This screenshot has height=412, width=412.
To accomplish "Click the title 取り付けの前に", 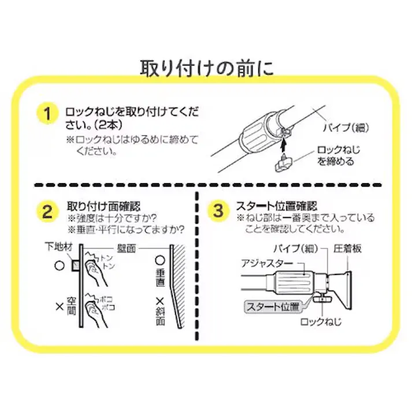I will [x=206, y=68].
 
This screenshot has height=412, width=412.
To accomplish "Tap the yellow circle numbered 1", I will [x=48, y=113].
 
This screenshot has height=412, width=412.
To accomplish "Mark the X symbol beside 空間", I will [x=58, y=307].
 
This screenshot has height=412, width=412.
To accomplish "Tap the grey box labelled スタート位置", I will [x=272, y=306].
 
